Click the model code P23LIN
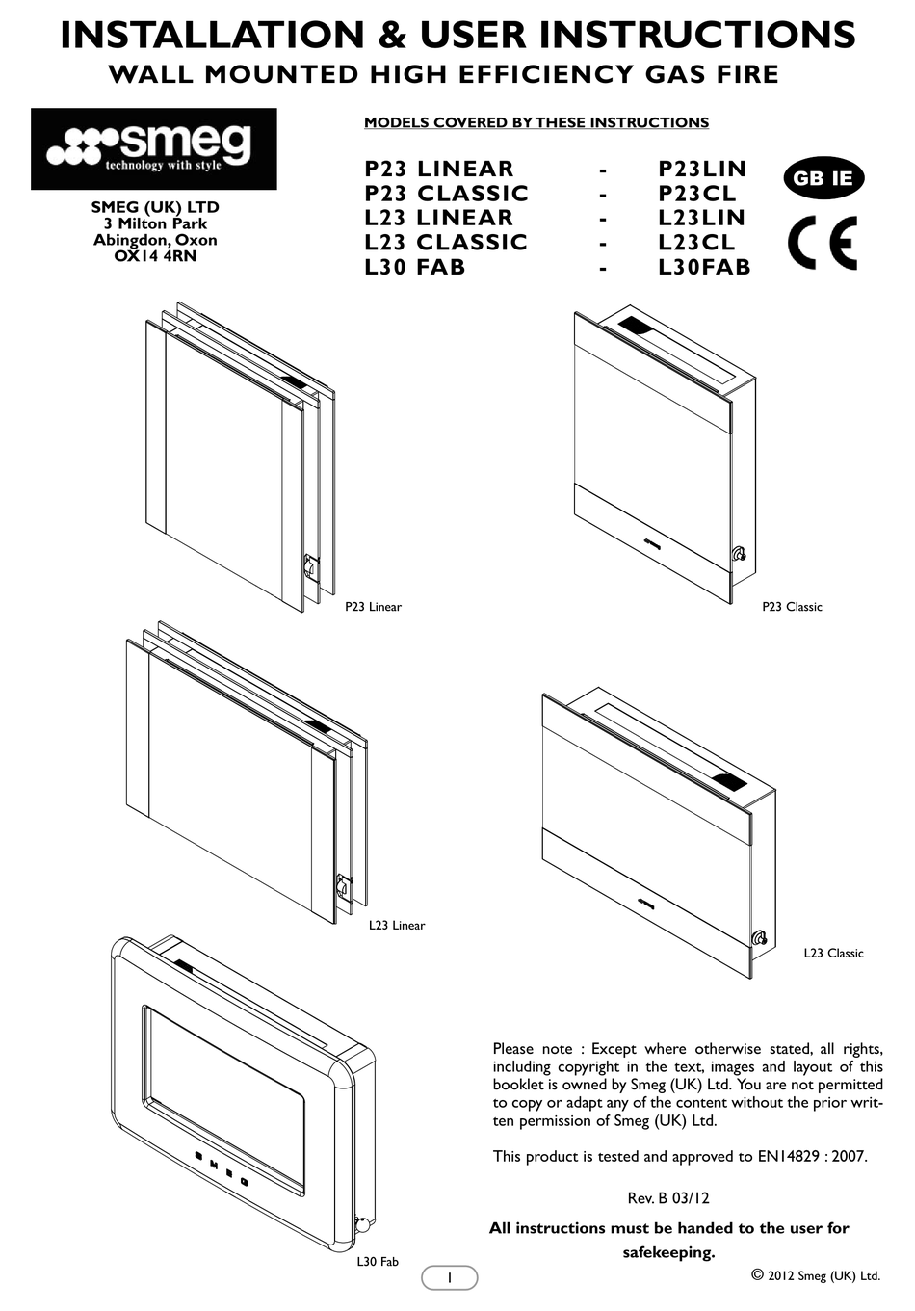(x=701, y=169)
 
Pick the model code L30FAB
(x=703, y=267)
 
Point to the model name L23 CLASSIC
(x=446, y=243)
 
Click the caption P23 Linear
(x=373, y=607)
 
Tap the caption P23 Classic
(x=792, y=607)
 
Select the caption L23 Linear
(x=396, y=926)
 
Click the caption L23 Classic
(x=833, y=953)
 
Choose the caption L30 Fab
(x=377, y=1261)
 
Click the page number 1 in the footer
(x=449, y=1277)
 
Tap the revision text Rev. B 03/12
(x=668, y=1198)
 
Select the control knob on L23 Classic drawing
(x=759, y=937)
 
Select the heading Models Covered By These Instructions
(x=536, y=122)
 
